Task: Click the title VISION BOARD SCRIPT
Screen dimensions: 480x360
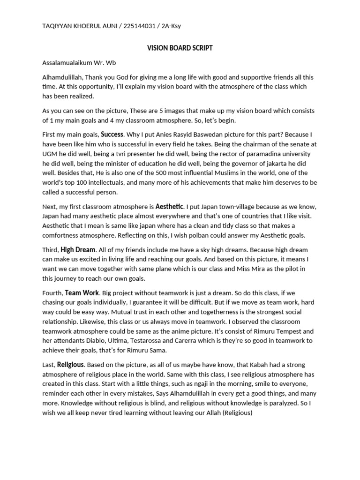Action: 180,48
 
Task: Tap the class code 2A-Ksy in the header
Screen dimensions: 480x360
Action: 171,26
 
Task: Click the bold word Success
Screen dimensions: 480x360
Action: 112,135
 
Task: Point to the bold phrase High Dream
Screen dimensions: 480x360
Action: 78,250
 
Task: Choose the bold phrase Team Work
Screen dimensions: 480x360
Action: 82,293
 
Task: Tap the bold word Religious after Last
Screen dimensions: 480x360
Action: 70,364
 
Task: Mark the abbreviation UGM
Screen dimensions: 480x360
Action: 50,154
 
